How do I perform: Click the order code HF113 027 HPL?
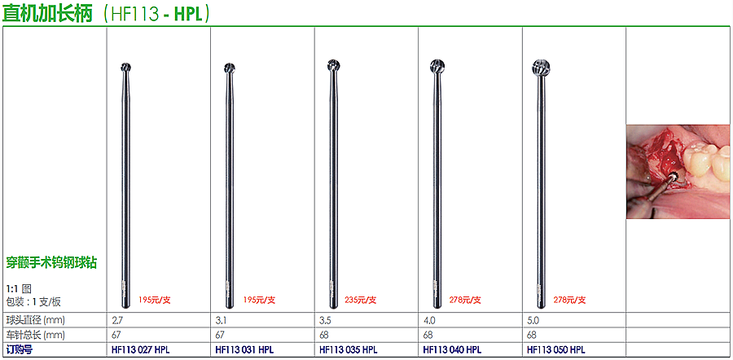(x=141, y=349)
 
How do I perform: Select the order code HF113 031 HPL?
(x=244, y=349)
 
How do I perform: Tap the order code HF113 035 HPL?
(x=349, y=349)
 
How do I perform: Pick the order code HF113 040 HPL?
(x=452, y=349)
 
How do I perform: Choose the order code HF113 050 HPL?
(x=555, y=349)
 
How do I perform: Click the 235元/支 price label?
(x=361, y=301)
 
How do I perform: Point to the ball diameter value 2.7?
(x=117, y=321)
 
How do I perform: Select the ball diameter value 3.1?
(x=221, y=321)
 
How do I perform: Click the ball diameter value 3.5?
(x=325, y=321)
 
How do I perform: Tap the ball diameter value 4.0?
(x=429, y=321)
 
